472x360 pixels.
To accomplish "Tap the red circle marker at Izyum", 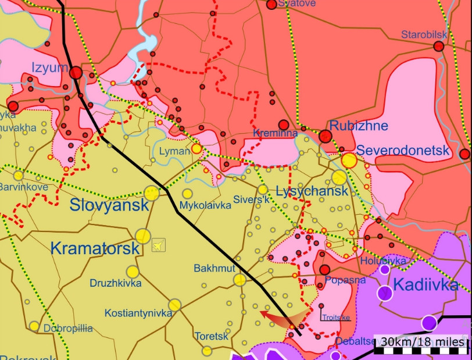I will [x=76, y=73].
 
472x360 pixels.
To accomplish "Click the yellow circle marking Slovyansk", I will [x=152, y=193].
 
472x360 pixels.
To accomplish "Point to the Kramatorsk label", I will [x=95, y=248].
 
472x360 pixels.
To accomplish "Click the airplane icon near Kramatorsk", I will [x=158, y=246].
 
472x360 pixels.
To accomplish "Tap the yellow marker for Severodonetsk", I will [x=349, y=161].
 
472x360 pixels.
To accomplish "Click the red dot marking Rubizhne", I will [x=326, y=137].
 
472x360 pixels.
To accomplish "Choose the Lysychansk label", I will [x=312, y=191].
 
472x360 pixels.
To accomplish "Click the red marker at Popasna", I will [x=324, y=270].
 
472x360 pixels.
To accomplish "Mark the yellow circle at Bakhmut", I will [x=239, y=280].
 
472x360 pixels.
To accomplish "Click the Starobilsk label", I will [x=424, y=35].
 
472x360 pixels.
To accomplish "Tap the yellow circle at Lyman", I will [x=197, y=149].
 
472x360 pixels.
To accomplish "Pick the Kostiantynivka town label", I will [x=138, y=313].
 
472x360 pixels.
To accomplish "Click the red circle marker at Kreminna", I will [x=283, y=124].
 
